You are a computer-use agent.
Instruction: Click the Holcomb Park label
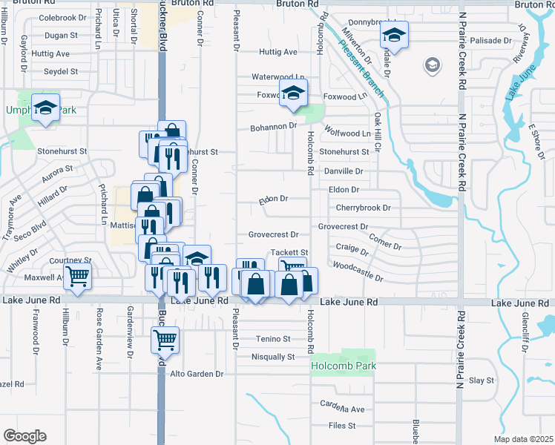(x=344, y=366)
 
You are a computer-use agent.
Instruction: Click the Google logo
(x=24, y=436)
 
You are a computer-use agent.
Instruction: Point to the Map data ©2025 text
(x=523, y=439)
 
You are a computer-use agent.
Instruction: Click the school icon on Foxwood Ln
(x=293, y=93)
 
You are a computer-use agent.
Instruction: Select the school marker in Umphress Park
(x=46, y=108)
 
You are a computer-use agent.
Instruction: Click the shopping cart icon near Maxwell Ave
(x=77, y=277)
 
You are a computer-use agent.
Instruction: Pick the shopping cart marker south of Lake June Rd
(x=165, y=340)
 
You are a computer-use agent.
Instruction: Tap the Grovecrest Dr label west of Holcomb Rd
(x=273, y=234)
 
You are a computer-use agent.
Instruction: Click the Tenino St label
(x=273, y=339)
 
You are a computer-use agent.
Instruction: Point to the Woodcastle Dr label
(x=358, y=271)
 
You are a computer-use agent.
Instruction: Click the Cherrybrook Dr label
(x=363, y=208)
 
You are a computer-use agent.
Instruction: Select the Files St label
(x=342, y=426)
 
